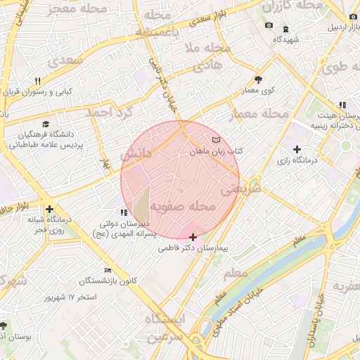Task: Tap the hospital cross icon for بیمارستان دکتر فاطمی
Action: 193,237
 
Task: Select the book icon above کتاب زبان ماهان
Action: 215,138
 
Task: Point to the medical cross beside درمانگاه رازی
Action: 297,149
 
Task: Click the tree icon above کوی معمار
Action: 258,79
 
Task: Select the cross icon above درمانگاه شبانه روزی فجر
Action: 49,209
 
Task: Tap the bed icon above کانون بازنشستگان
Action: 108,270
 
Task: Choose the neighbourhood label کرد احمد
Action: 109,111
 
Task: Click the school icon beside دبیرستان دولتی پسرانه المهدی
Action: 124,212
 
